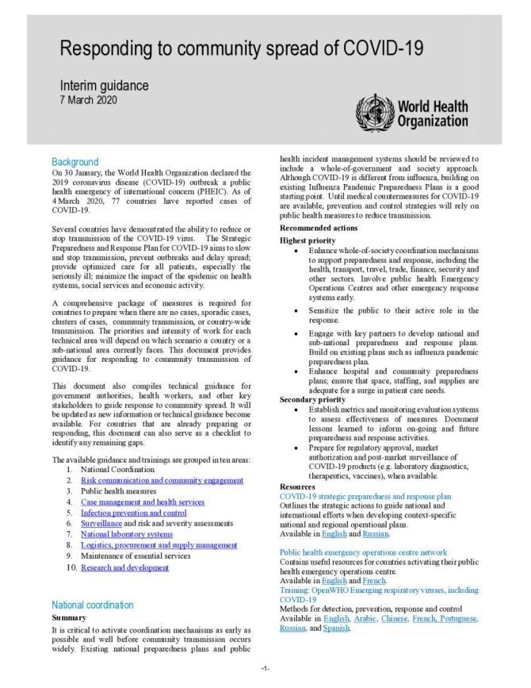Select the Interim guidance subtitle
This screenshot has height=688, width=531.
[105, 86]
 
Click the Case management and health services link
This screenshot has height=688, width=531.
[143, 502]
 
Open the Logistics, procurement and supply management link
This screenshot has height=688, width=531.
[159, 546]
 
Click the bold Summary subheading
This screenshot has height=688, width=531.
[70, 617]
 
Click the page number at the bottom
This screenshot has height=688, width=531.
[265, 669]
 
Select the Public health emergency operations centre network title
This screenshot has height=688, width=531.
[365, 552]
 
